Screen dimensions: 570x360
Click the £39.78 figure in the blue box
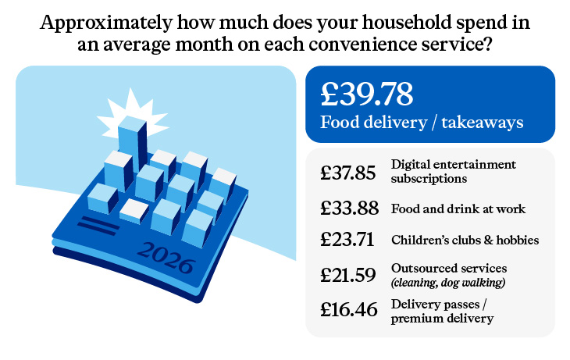coord(366,94)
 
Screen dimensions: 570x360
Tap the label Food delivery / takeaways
coord(422,122)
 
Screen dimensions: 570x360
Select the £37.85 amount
coord(348,173)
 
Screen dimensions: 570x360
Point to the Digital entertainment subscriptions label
coord(454,171)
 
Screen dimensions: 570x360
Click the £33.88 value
coord(349,208)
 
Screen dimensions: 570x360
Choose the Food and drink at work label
coord(458,209)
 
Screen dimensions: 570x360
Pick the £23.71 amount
coord(347,240)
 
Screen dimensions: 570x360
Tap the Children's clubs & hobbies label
coord(465,240)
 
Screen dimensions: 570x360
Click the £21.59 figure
coord(348,275)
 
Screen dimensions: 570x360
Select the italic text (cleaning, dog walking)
coord(448,283)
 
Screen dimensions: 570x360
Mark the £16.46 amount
coord(348,309)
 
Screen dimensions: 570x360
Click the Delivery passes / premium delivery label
coord(442,312)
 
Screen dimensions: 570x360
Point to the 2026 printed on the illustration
coord(166,258)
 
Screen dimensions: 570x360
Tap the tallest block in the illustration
coord(133,144)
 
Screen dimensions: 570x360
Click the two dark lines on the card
coord(98,226)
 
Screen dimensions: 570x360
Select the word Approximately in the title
coord(105,23)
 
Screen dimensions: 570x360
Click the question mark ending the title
coord(487,44)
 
